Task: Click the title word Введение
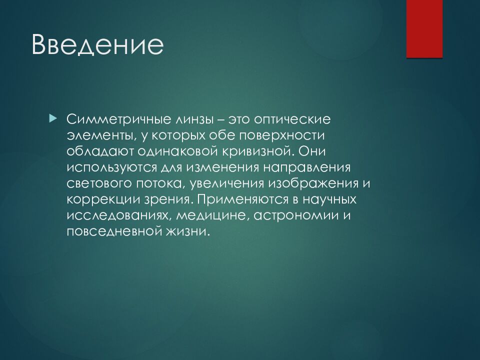pyautogui.click(x=97, y=44)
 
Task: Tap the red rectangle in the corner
pyautogui.click(x=424, y=29)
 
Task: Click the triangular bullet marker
pyautogui.click(x=53, y=117)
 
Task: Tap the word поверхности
pyautogui.click(x=281, y=135)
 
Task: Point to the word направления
pyautogui.click(x=306, y=168)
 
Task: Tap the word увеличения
pyautogui.click(x=227, y=183)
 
